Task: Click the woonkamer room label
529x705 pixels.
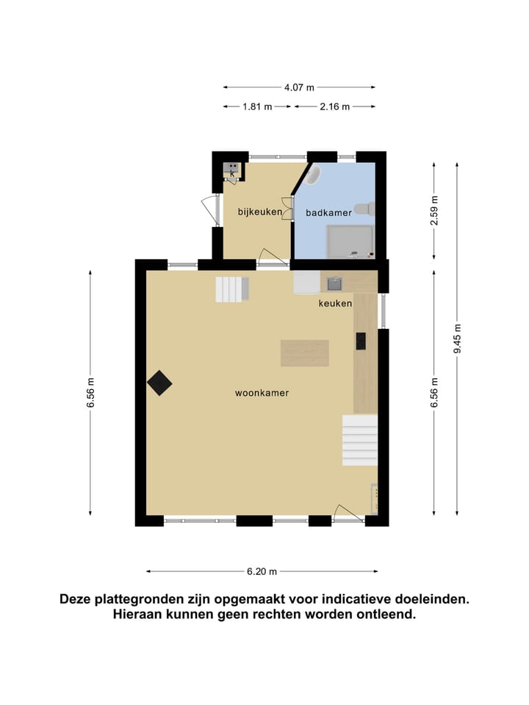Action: pyautogui.click(x=262, y=393)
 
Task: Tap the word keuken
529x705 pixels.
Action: pyautogui.click(x=335, y=303)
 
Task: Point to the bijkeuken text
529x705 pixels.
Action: pyautogui.click(x=260, y=212)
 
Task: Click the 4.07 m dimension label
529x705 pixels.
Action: pyautogui.click(x=300, y=87)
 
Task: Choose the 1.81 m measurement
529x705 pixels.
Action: pyautogui.click(x=257, y=106)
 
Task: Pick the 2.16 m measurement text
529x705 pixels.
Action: pyautogui.click(x=334, y=106)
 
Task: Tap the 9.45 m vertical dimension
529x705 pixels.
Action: pyautogui.click(x=457, y=339)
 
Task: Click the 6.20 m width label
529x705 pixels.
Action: pyautogui.click(x=262, y=571)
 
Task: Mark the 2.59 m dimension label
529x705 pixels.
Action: pyautogui.click(x=434, y=209)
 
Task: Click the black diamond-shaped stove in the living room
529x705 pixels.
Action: pyautogui.click(x=159, y=383)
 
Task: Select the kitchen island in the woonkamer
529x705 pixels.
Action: pyautogui.click(x=304, y=353)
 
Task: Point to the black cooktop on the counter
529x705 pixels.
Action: pyautogui.click(x=361, y=341)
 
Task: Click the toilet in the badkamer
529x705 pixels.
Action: pyautogui.click(x=364, y=209)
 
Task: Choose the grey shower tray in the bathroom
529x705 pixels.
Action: pyautogui.click(x=350, y=241)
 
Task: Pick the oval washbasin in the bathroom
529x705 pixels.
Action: pyautogui.click(x=314, y=176)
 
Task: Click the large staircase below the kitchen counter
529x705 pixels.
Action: pyautogui.click(x=360, y=439)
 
